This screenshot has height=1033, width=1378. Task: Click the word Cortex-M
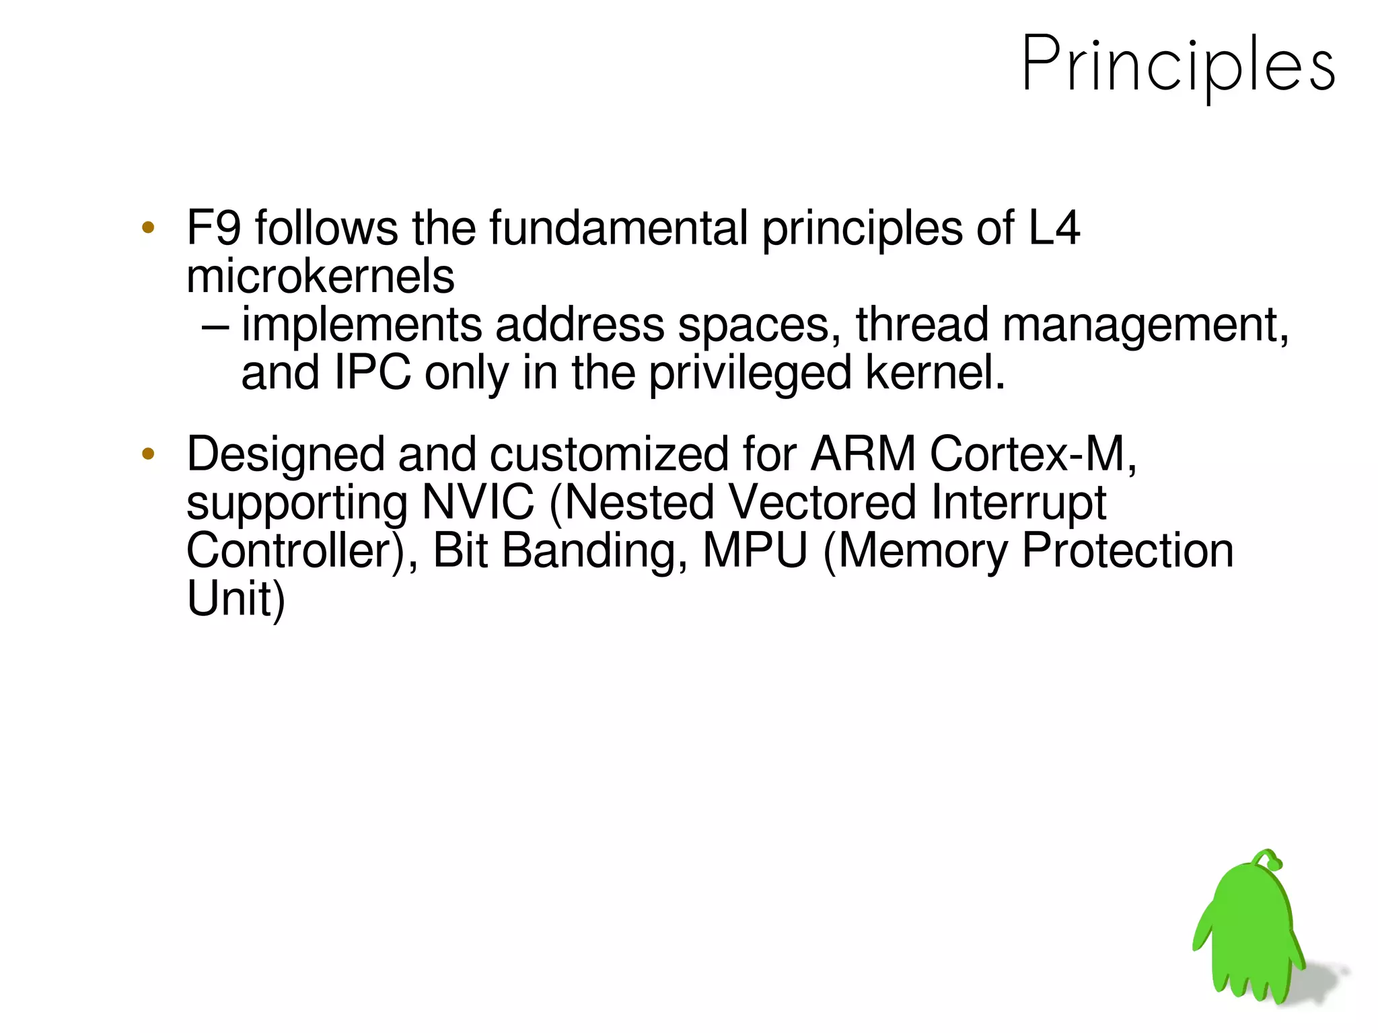coord(1033,454)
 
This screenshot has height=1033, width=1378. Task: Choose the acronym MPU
coord(755,550)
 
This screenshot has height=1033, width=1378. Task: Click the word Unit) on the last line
coord(235,599)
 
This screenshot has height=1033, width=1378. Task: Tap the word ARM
coord(863,454)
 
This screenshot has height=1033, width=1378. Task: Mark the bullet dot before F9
coord(148,227)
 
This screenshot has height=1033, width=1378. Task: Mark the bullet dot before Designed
coord(148,454)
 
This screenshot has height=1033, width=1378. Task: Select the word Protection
coord(1127,550)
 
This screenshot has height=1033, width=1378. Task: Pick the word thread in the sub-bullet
coord(922,324)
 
